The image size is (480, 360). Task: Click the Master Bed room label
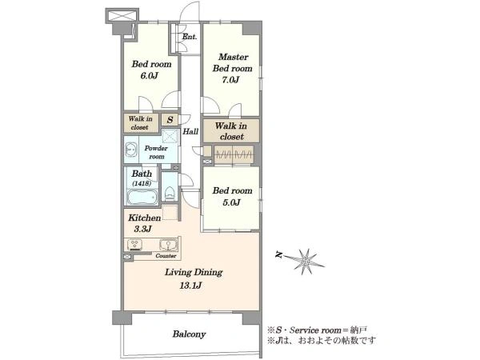click(232, 62)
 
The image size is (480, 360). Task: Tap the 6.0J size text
click(149, 76)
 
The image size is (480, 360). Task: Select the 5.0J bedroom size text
click(231, 202)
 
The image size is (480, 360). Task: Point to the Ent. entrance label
click(190, 37)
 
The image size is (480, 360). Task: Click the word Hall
click(190, 132)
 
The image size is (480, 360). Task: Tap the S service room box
click(170, 120)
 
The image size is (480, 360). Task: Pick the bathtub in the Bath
click(142, 197)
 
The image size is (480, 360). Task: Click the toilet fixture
click(170, 193)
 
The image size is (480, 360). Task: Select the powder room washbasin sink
click(132, 150)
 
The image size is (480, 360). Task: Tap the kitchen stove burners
click(134, 245)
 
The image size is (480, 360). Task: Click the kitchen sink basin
click(168, 245)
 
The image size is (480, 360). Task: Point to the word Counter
click(166, 256)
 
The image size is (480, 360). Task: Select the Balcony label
click(189, 334)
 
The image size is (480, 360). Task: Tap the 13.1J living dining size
click(190, 286)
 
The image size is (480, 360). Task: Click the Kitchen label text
click(145, 218)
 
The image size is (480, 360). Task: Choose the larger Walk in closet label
click(231, 131)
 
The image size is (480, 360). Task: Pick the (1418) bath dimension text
click(142, 184)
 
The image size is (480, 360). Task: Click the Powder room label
click(156, 152)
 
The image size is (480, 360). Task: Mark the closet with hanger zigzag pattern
click(234, 154)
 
